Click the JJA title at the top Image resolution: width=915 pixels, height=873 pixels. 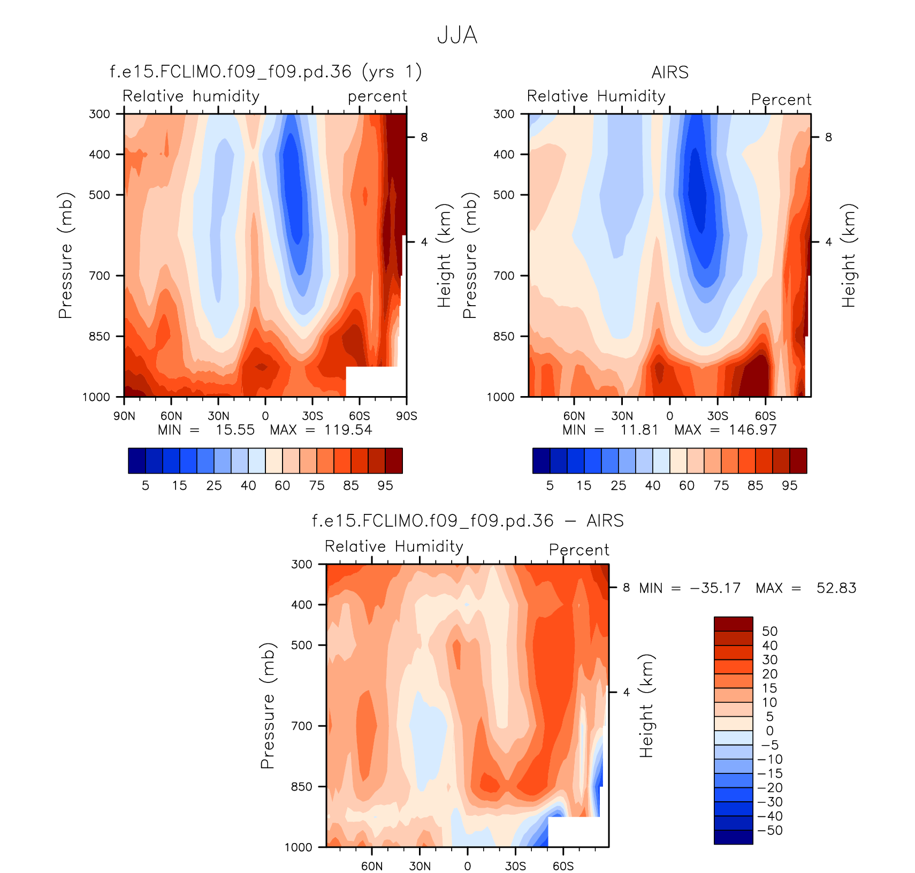(x=457, y=35)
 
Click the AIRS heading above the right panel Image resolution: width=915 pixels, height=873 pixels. (x=670, y=72)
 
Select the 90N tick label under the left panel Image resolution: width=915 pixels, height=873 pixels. (x=124, y=416)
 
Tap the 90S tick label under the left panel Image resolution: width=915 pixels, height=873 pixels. (x=406, y=416)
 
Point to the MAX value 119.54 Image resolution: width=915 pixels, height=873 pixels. (x=348, y=430)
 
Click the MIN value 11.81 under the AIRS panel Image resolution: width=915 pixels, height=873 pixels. (x=639, y=430)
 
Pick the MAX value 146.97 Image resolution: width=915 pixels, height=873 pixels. (x=752, y=430)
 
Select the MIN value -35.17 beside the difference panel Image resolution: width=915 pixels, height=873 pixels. (x=715, y=588)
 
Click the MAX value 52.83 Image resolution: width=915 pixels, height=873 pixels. (x=836, y=588)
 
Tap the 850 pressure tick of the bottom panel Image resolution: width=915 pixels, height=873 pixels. (x=301, y=787)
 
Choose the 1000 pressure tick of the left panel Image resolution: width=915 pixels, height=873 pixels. (x=96, y=397)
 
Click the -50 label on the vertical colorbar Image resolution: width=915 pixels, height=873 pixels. (x=771, y=831)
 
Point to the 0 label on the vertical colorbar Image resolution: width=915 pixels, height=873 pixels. (x=769, y=731)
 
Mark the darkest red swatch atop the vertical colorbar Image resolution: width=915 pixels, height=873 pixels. (x=733, y=624)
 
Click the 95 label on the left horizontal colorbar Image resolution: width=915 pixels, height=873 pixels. (x=385, y=485)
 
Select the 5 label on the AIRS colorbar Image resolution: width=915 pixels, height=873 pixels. (x=550, y=485)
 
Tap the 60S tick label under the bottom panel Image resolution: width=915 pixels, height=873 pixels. (x=563, y=866)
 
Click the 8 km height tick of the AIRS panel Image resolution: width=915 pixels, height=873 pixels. (x=828, y=138)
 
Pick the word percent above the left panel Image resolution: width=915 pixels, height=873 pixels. (x=377, y=96)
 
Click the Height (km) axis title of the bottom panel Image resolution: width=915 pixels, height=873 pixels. (x=646, y=705)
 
